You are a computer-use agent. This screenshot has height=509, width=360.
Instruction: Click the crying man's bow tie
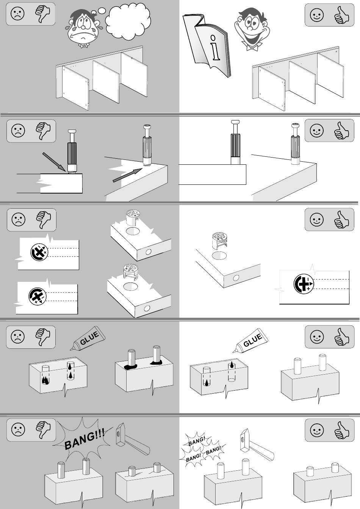[x=84, y=46]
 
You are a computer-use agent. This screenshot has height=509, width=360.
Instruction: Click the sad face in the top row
[x=17, y=14]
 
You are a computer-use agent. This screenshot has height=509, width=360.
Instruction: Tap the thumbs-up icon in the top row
[x=341, y=15]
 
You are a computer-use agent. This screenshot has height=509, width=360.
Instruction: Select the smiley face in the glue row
[x=316, y=337]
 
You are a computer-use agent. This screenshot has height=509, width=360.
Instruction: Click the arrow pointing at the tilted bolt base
[x=54, y=162]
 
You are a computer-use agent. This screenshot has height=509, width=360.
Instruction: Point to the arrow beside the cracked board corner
[x=128, y=175]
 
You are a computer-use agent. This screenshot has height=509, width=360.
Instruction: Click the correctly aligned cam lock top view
[x=304, y=284]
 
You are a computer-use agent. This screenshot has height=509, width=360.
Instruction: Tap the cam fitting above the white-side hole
[x=219, y=241]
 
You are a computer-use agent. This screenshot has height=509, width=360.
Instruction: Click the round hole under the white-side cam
[x=219, y=256]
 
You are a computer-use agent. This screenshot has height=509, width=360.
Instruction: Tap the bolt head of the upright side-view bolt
[x=236, y=122]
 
